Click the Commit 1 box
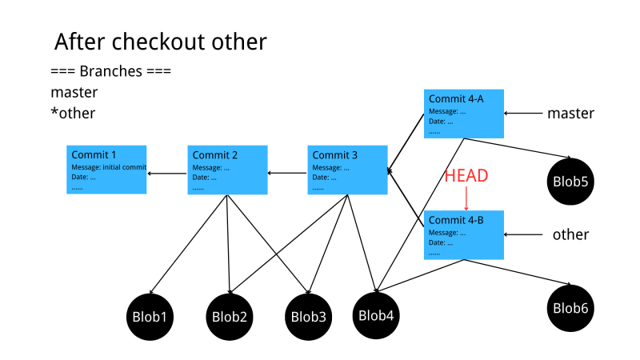point(106,170)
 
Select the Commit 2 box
point(227,170)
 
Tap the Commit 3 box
point(347,170)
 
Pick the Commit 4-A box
point(464,114)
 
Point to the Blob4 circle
point(376,314)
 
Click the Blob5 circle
point(570,182)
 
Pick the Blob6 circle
point(570,308)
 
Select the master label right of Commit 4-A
point(570,114)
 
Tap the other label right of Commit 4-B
point(570,235)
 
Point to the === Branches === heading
point(111,71)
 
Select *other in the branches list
point(73,114)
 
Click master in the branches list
point(74,92)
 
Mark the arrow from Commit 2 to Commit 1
point(167,174)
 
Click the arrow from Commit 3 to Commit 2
point(287,173)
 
